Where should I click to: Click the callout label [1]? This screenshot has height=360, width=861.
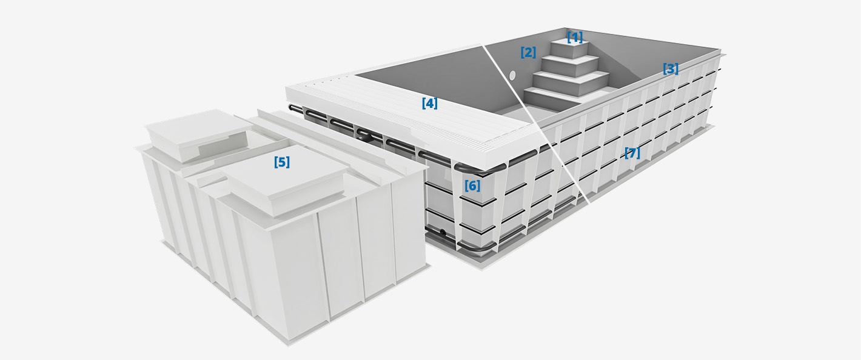coord(575,37)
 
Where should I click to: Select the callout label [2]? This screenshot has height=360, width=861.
coord(528,52)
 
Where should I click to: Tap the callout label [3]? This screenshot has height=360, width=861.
coord(671,69)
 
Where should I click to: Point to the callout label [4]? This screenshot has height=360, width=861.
coord(430,104)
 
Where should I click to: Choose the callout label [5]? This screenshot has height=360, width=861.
coord(282,162)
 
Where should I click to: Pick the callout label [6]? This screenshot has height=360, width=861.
coord(472,186)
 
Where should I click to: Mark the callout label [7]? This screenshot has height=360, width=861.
coord(632,153)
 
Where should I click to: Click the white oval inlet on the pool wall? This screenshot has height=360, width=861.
coord(512,76)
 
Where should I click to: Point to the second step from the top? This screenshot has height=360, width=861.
coord(569,65)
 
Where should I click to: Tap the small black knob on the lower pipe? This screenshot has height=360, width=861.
coord(443,232)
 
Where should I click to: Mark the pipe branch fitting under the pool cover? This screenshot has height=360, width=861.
coord(363,135)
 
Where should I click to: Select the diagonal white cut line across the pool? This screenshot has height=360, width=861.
coord(535,124)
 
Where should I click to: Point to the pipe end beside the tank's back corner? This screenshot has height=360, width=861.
coord(292,108)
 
